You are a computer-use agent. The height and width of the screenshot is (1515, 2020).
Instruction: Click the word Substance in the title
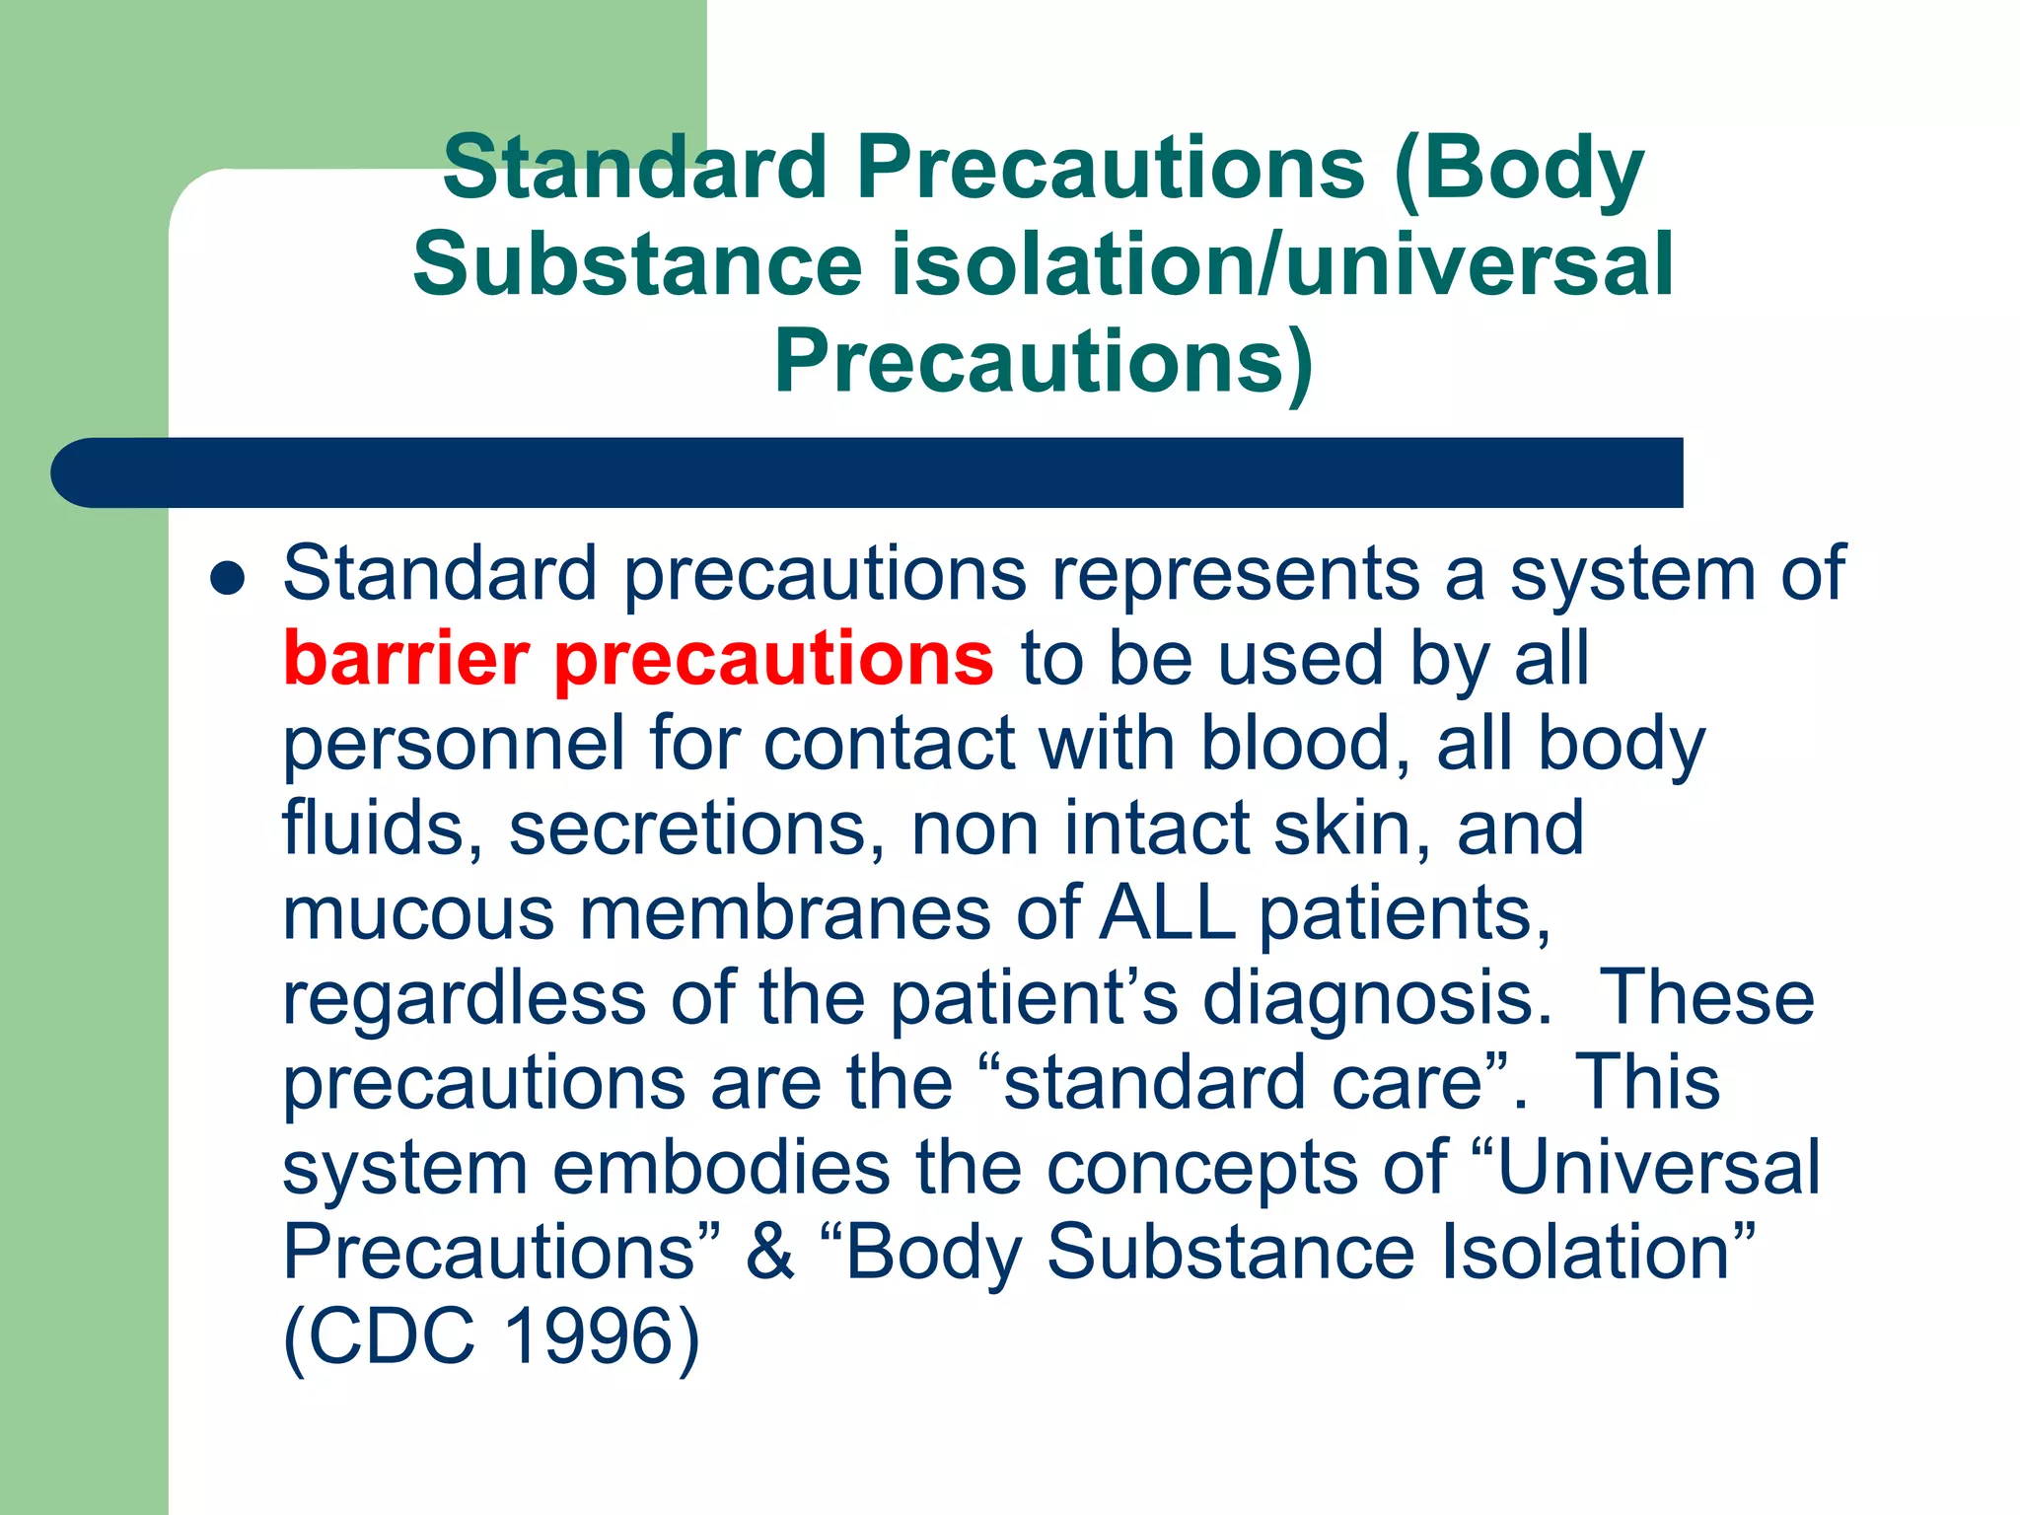coord(637,264)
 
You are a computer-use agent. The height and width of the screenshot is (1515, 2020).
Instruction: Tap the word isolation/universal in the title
coord(1281,264)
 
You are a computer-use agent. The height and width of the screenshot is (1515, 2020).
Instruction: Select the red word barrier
coord(406,659)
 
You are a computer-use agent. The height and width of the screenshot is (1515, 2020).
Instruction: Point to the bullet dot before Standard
coord(227,580)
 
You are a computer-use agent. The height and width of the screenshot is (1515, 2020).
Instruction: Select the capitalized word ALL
coord(1168,913)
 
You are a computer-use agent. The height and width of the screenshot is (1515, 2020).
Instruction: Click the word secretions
coord(696,829)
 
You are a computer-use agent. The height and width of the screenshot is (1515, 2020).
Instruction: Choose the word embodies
coord(721,1168)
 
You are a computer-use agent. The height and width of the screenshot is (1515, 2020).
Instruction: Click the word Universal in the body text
coord(1658,1168)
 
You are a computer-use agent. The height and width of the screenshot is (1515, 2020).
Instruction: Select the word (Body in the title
coord(1520,168)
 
